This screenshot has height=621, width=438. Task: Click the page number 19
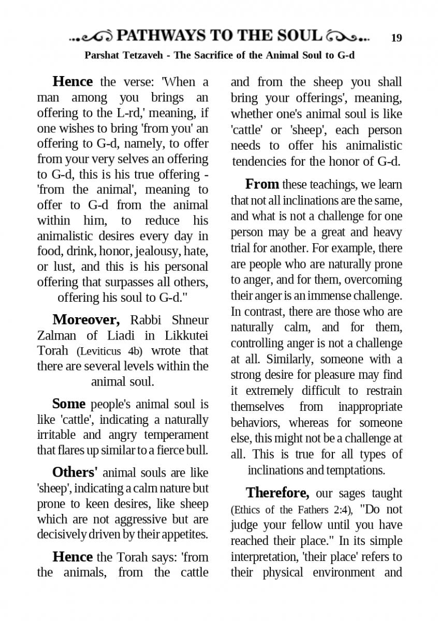coord(397,37)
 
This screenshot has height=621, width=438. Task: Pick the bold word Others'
coord(76,472)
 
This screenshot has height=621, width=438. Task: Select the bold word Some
coord(69,403)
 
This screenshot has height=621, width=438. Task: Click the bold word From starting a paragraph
coord(262,184)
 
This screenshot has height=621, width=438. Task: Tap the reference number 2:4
coord(339,509)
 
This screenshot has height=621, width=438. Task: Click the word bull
coord(197,450)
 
